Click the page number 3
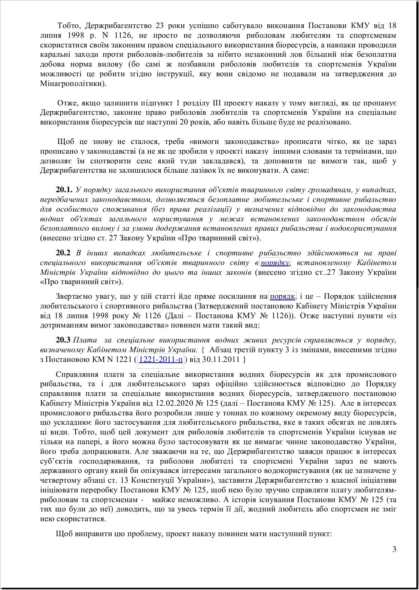click(x=394, y=549)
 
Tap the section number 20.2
click(x=63, y=253)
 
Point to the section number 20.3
click(x=63, y=340)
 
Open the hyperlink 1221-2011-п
click(x=161, y=359)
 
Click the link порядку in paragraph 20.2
click(x=275, y=262)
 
